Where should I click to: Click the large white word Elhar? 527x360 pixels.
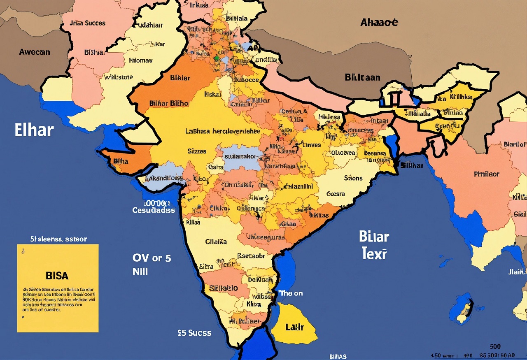[x=34, y=130]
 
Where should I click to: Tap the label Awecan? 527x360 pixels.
[x=35, y=52]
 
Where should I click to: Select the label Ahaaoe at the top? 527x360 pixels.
[x=379, y=22]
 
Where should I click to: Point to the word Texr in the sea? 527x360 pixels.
[x=374, y=253]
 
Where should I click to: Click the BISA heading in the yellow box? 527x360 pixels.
[x=57, y=275]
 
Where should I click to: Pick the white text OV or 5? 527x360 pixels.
[x=152, y=258]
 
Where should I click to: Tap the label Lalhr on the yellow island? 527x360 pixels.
[x=294, y=327]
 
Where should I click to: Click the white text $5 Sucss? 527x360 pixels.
[x=194, y=332]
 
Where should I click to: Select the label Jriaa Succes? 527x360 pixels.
[x=87, y=23]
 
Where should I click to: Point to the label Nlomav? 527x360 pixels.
[x=140, y=60]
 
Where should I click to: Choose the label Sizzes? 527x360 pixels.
[x=197, y=151]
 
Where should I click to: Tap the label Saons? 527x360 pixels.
[x=353, y=178]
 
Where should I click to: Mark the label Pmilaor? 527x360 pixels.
[x=487, y=174]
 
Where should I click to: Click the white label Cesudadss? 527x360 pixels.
[x=154, y=210]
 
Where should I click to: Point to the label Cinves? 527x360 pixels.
[x=311, y=145]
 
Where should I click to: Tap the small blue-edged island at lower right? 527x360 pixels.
[x=461, y=309]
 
